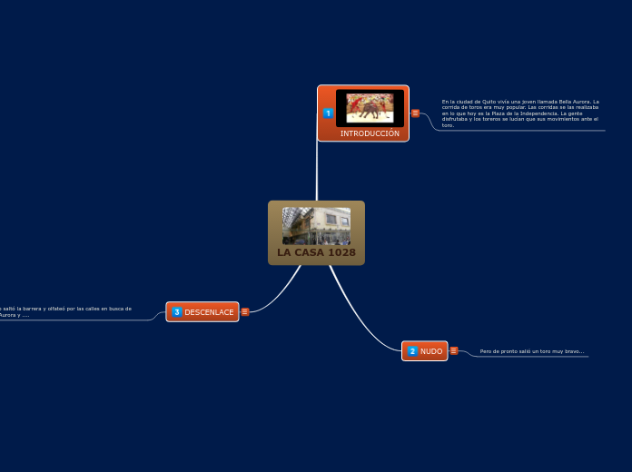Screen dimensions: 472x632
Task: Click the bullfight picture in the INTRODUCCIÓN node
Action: pyautogui.click(x=370, y=108)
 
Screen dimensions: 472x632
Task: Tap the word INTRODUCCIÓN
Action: pyautogui.click(x=370, y=133)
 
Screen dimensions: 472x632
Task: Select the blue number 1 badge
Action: pyautogui.click(x=328, y=113)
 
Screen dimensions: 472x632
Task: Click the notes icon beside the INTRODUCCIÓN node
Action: pyautogui.click(x=415, y=113)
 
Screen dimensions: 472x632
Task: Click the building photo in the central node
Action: pyautogui.click(x=315, y=226)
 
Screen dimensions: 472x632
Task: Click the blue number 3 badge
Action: pyautogui.click(x=177, y=312)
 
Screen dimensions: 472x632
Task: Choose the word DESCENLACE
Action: pyautogui.click(x=209, y=312)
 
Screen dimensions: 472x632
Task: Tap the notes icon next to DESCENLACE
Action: pyautogui.click(x=245, y=312)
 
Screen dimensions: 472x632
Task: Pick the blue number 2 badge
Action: pyautogui.click(x=412, y=351)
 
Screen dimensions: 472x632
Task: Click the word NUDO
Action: pyautogui.click(x=431, y=351)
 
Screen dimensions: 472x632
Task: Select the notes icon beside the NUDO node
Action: pyautogui.click(x=454, y=350)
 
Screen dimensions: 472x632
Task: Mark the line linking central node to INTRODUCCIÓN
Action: pyautogui.click(x=317, y=172)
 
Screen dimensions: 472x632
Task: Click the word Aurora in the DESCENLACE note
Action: pyautogui.click(x=8, y=315)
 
